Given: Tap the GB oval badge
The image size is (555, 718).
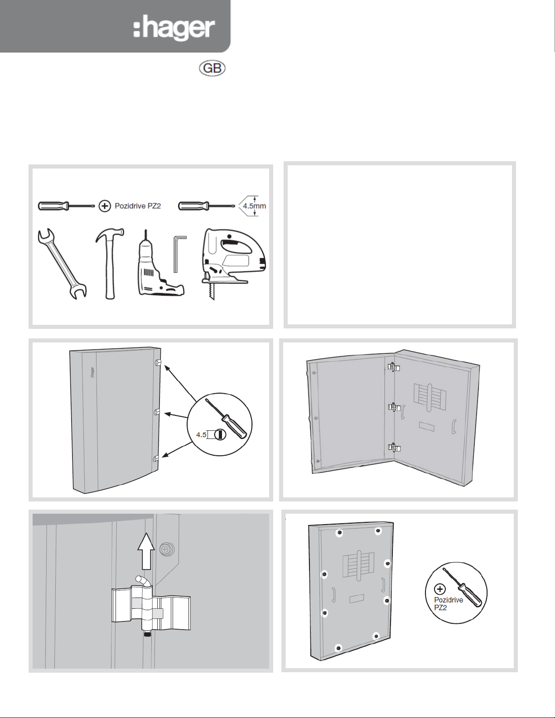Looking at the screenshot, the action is point(212,68).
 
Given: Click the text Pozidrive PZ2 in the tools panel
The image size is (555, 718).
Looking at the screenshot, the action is point(138,206).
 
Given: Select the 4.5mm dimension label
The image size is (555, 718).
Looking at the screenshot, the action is point(254,206).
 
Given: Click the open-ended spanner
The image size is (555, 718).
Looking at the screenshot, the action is point(62,264).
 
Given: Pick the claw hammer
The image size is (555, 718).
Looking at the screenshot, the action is point(109,264).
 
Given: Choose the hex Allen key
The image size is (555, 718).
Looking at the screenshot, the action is point(179,254).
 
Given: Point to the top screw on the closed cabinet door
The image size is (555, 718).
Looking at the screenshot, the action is point(158,363).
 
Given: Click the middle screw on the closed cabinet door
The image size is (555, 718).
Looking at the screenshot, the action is point(157,412).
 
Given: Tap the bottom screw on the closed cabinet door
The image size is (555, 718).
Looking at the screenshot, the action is point(156,458).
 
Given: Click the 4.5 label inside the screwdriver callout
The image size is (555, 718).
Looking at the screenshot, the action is point(201,435).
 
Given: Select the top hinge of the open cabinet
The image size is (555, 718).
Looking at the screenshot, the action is point(393,367).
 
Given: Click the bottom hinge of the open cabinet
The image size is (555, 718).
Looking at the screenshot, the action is point(393,448).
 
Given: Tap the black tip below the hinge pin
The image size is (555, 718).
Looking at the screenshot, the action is point(146,635).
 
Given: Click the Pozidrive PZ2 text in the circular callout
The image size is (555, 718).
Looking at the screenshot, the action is point(448,604).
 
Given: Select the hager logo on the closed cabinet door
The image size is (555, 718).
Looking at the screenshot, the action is point(92,374).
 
